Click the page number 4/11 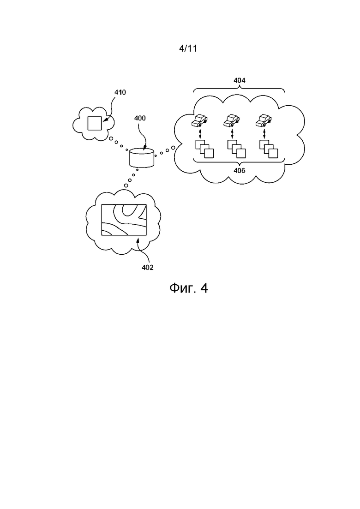tap(188, 49)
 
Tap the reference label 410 tap(120, 92)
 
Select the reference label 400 tap(140, 118)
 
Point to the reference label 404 tap(239, 80)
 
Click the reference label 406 tap(239, 170)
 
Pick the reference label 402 tap(148, 267)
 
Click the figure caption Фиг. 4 tap(188, 288)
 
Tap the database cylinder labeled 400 tap(141, 158)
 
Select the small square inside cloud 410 tap(95, 123)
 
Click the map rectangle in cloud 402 tap(124, 220)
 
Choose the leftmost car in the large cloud tap(200, 121)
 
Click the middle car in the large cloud tap(232, 121)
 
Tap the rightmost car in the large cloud tap(264, 121)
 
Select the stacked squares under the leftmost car tap(204, 149)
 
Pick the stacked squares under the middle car tap(236, 149)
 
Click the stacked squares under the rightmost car tap(268, 149)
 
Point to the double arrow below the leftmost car tap(200, 134)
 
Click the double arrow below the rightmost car tap(264, 134)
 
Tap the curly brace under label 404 tap(239, 89)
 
